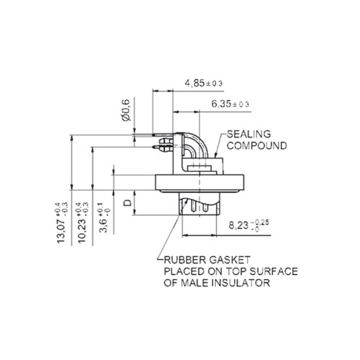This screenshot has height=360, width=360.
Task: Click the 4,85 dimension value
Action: point(194,84)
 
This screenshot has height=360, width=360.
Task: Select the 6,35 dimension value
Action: point(221,104)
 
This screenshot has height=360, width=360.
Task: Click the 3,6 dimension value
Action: point(104,226)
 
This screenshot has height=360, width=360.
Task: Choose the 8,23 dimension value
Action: point(238,225)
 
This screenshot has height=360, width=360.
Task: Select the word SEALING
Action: point(248,134)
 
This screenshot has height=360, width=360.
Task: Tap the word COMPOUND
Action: point(257,145)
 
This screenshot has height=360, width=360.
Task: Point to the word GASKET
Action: point(230,260)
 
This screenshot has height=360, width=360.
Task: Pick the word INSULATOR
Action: point(240,283)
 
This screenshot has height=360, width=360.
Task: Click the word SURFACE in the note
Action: point(274,271)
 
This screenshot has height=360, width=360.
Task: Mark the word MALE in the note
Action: point(194,283)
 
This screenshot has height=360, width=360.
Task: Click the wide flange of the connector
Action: point(199,183)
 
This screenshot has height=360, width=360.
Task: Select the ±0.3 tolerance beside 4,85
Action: point(215,84)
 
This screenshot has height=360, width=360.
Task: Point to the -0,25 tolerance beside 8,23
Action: point(260,222)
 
